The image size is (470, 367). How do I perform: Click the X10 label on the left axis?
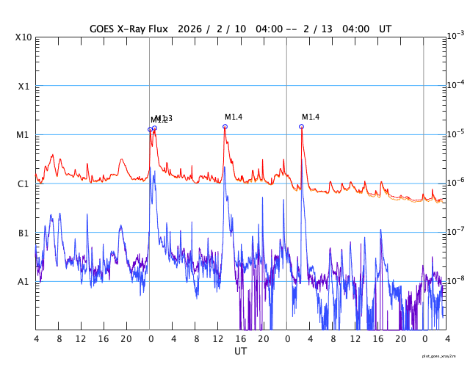coord(23,37)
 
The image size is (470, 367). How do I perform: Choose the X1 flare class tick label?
coord(23,86)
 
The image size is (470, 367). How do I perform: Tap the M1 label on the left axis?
coord(23,135)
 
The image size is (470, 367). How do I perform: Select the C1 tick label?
coord(23,183)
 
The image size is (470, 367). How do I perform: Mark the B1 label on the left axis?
coord(23,233)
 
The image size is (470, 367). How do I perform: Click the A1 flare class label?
coord(23,281)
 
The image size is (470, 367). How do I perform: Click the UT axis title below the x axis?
coord(240,352)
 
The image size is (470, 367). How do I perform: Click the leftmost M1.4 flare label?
coord(234,117)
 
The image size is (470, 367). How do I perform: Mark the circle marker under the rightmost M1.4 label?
coord(301,126)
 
